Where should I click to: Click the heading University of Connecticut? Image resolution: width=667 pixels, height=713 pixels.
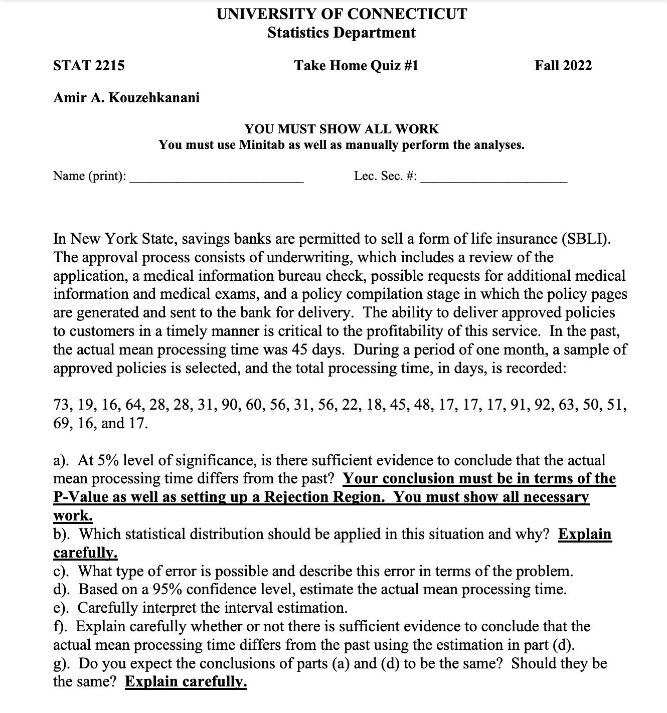click(x=342, y=14)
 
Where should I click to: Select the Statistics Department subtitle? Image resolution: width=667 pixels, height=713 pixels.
click(x=342, y=33)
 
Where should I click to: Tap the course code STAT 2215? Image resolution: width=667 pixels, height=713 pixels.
click(x=89, y=66)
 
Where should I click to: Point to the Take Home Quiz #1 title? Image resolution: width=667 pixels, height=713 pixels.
click(x=356, y=66)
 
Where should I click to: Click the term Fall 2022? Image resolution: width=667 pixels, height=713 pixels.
click(x=563, y=66)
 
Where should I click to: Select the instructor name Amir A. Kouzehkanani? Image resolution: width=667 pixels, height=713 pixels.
click(x=126, y=98)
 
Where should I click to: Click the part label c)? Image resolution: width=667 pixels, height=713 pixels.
click(x=63, y=571)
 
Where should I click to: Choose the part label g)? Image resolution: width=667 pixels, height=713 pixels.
click(x=63, y=663)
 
